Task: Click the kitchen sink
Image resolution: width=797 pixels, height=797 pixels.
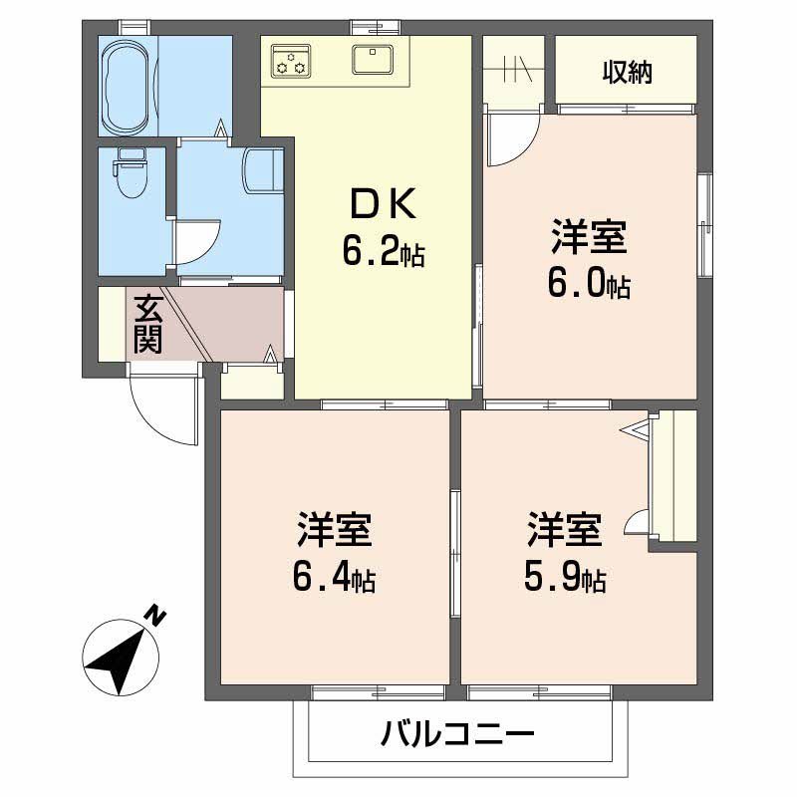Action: click(374, 59)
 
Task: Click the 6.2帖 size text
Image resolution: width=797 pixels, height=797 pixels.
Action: click(384, 253)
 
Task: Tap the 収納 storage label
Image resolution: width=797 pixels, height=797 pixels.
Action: click(627, 73)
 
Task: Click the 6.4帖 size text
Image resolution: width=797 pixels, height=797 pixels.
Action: click(334, 580)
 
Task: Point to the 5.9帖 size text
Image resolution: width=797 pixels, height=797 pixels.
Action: click(565, 578)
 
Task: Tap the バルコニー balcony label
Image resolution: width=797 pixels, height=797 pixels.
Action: click(458, 737)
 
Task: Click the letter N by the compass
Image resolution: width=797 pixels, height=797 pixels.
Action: click(154, 616)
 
